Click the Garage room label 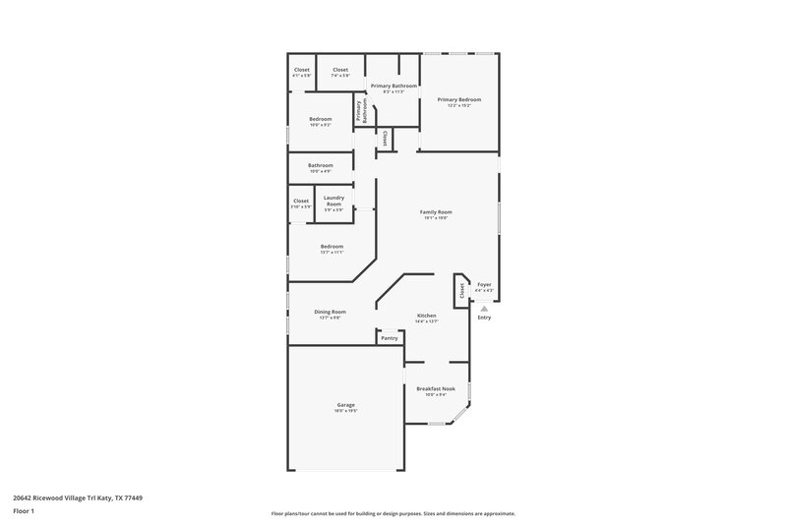point(346,404)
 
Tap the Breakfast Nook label point(435,388)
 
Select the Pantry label point(390,338)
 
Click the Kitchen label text point(426,316)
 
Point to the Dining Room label point(331,312)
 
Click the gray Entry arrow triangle point(484,308)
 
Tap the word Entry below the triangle point(484,318)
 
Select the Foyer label point(484,285)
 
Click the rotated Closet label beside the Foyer point(460,290)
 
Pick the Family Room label point(436,212)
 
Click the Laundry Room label point(333,200)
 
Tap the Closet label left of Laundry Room point(301,201)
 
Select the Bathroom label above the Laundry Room point(320,165)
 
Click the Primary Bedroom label point(459,99)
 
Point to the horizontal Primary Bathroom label point(393,87)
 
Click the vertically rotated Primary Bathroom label point(362,110)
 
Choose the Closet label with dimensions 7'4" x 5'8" point(340,70)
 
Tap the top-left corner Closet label point(302,70)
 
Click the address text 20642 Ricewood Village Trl point(63,497)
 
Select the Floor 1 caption point(24,511)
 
